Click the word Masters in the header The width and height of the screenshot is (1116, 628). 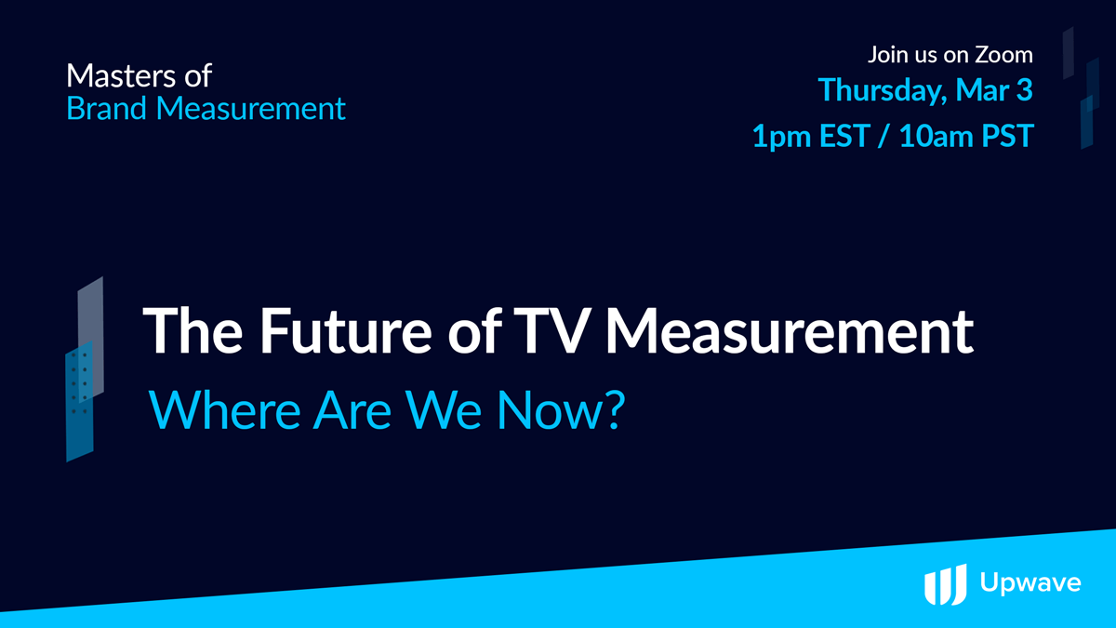121,75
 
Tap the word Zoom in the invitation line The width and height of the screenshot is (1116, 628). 1003,54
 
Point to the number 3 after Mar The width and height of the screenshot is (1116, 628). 1024,89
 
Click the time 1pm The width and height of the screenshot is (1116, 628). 782,137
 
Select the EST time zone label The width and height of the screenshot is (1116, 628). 845,136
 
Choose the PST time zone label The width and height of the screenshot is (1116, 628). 1007,136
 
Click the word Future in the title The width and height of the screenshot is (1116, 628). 346,330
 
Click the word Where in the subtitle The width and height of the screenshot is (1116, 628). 225,410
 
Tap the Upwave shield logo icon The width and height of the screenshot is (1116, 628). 946,584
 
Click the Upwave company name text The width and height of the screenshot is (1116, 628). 1030,582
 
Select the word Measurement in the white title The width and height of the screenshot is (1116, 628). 790,330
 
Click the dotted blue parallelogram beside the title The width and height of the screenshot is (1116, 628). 80,401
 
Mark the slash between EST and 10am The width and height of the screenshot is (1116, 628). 884,136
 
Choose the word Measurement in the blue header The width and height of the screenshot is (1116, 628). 250,108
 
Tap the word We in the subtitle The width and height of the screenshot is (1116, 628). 444,410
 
